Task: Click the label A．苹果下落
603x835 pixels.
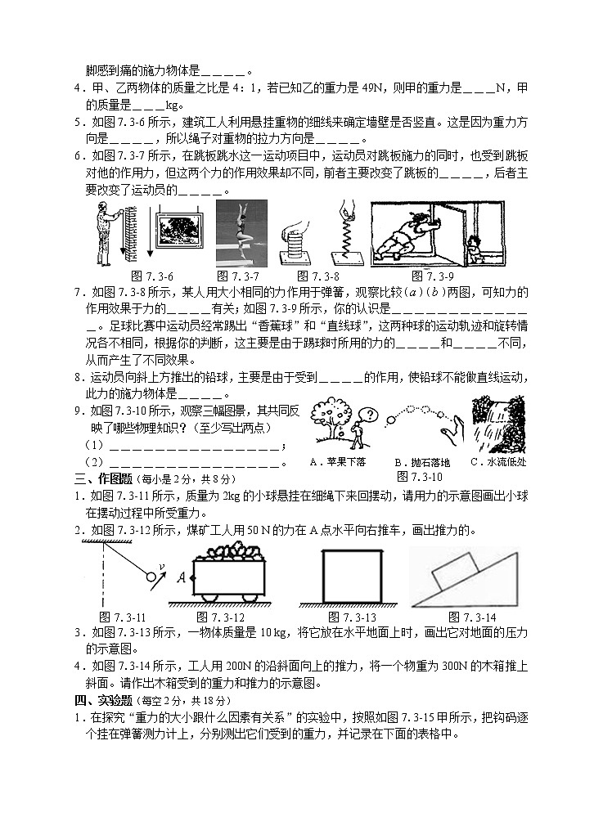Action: (338, 461)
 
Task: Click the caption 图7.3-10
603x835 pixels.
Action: (419, 475)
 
